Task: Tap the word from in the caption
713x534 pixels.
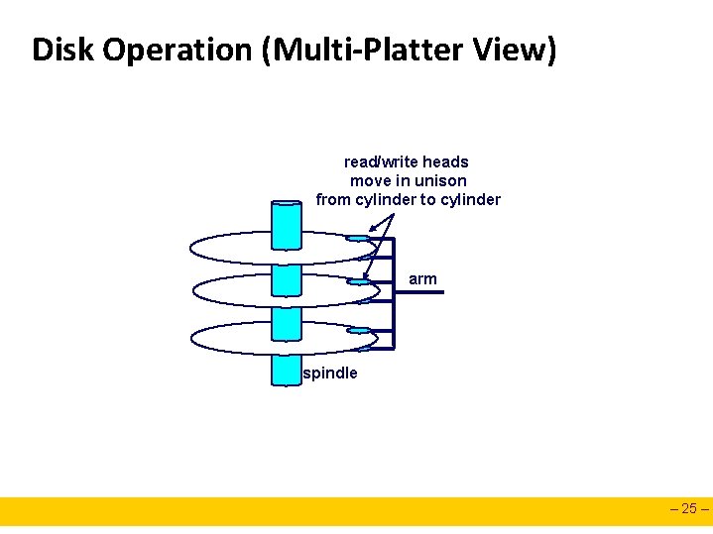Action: (333, 199)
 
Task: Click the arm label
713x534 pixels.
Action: (422, 279)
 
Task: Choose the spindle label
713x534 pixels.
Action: (330, 374)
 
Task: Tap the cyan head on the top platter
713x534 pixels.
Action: (358, 239)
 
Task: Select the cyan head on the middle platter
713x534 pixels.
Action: (358, 282)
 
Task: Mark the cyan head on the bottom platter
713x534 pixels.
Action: (358, 330)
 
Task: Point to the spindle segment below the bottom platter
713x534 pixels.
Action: (286, 370)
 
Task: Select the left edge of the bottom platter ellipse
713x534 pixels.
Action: (190, 338)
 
